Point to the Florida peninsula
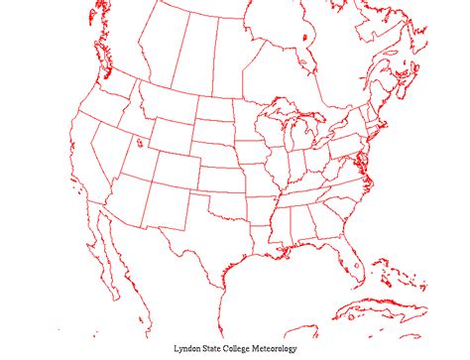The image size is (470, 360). click(349, 260)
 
